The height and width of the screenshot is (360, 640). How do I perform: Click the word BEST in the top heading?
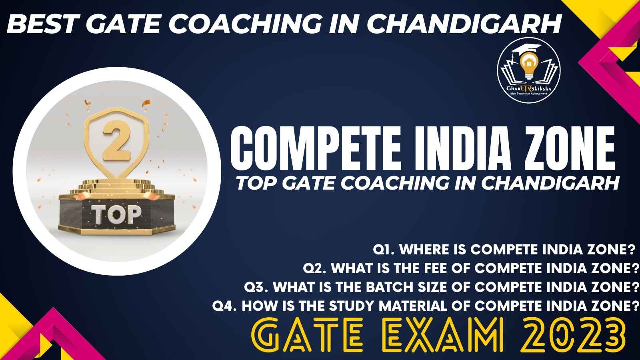point(41,24)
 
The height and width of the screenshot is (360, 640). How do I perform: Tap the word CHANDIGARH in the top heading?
point(464,24)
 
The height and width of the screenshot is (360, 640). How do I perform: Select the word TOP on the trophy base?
point(116,214)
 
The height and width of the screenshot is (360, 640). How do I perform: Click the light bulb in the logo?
point(529,65)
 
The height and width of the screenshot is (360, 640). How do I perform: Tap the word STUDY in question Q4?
point(352,306)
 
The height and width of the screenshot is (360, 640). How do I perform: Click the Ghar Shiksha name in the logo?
point(529,88)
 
